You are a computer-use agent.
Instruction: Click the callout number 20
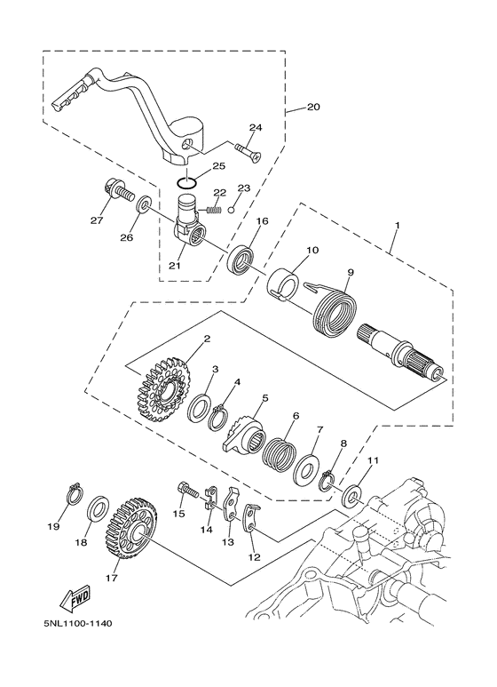point(312,108)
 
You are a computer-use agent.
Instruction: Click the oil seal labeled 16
point(241,260)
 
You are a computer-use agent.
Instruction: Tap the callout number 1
point(396,227)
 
